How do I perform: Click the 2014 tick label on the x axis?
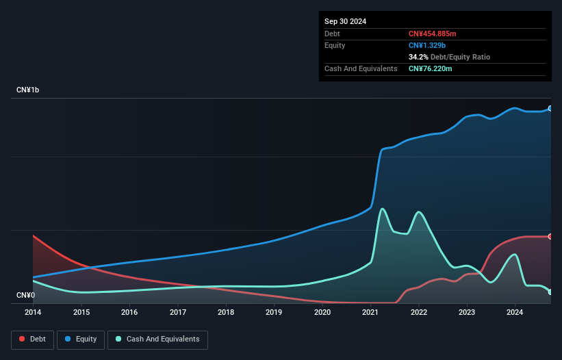[x=33, y=313]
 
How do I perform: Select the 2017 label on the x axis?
[x=178, y=313]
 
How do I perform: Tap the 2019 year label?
[x=274, y=313]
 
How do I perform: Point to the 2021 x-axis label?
[x=370, y=313]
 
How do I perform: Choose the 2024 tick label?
[x=515, y=313]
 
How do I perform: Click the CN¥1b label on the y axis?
[x=28, y=90]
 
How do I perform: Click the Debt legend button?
[x=34, y=339]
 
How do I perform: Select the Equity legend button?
[x=80, y=339]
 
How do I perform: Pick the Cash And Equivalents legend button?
[x=157, y=339]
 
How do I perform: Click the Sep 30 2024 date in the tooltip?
[x=345, y=21]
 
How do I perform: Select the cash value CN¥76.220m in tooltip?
[x=430, y=68]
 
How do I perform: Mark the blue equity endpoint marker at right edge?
[x=550, y=109]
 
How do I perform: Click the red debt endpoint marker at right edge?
[x=550, y=237]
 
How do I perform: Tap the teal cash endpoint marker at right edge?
[x=550, y=292]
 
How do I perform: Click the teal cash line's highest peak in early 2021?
[x=381, y=209]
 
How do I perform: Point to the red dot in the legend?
[x=23, y=339]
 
